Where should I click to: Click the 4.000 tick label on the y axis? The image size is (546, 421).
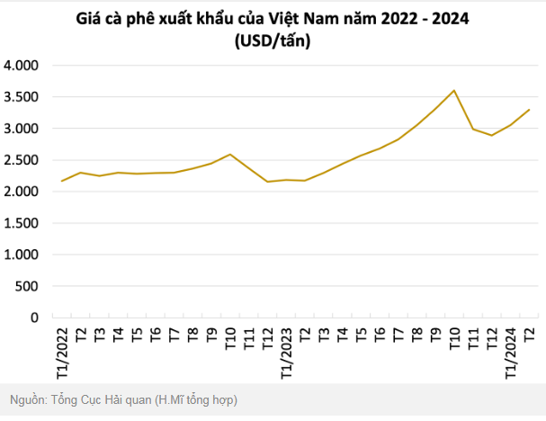point(22,66)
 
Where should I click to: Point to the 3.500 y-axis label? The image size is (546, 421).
point(22,97)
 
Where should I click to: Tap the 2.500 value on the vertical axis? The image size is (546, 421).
point(22,160)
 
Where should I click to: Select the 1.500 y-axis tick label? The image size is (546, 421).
point(22,223)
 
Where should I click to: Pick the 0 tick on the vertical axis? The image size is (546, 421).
point(36,318)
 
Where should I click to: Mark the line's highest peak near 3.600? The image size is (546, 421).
point(454,90)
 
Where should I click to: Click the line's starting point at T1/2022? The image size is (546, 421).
point(61,181)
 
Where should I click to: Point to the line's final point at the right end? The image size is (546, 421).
point(529,110)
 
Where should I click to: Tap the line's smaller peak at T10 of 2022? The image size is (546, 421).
point(230,155)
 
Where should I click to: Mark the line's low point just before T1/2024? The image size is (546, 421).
point(491,135)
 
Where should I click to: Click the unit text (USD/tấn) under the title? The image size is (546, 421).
point(273,40)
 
